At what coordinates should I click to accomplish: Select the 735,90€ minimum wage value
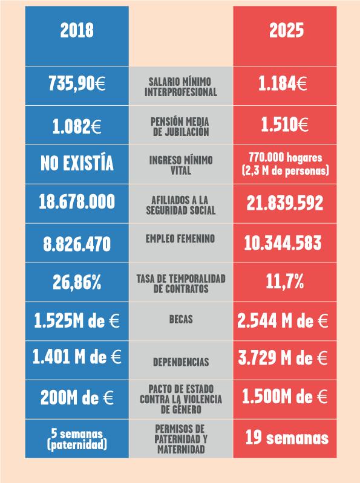point(77,85)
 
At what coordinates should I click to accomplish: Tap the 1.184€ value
point(283,85)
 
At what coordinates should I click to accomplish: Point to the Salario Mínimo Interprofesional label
point(182,86)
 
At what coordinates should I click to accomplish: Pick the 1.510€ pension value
point(283,125)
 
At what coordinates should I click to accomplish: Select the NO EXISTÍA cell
point(77,163)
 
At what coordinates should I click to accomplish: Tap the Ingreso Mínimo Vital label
point(181,165)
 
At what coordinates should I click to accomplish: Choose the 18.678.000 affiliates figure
point(77,203)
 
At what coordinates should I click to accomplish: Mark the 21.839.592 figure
point(284,204)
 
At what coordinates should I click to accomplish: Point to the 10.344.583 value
point(283,244)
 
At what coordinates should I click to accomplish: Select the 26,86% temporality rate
point(77,282)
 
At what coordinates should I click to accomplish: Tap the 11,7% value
point(284,281)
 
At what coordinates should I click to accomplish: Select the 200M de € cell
point(77,397)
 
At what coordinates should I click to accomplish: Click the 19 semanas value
point(287,437)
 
